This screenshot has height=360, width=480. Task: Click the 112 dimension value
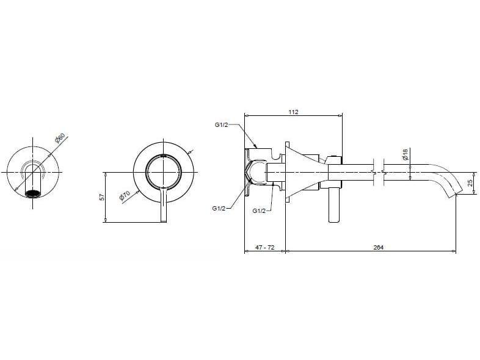click(x=293, y=111)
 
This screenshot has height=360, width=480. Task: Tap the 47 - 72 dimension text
click(x=264, y=247)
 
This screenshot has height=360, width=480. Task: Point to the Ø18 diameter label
click(x=405, y=154)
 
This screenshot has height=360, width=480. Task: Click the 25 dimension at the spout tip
click(x=470, y=183)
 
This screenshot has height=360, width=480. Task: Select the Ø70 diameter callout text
click(x=124, y=196)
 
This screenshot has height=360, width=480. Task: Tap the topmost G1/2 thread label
click(x=221, y=125)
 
